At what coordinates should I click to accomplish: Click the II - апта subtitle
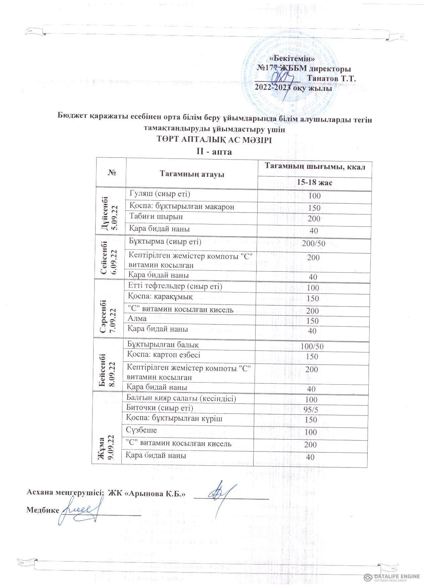[x=214, y=152]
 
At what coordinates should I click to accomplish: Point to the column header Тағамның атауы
[x=192, y=174]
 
